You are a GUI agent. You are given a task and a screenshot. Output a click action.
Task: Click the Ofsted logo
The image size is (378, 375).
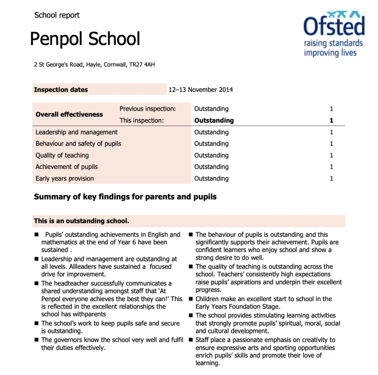(334, 34)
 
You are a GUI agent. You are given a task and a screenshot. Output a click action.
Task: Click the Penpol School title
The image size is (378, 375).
(85, 39)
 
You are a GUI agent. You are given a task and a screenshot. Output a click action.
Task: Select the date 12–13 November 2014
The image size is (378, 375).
(200, 90)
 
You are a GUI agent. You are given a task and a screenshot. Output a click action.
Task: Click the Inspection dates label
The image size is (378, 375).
(61, 90)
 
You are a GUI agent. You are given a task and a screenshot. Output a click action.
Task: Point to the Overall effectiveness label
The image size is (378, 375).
(69, 114)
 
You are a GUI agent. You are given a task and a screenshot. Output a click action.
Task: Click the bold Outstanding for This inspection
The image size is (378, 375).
(214, 120)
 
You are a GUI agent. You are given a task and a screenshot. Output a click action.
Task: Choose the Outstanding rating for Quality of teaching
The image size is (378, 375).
(211, 155)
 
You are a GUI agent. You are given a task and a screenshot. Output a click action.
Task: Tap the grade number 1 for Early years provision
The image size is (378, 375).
(331, 179)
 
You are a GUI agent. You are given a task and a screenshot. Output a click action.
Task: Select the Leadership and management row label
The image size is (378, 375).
(76, 132)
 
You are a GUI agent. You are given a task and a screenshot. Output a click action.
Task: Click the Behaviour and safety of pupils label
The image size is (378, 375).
(78, 144)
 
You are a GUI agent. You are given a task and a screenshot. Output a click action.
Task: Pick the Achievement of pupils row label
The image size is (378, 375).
(66, 167)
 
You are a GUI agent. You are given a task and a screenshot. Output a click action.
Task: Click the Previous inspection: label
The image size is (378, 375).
(148, 109)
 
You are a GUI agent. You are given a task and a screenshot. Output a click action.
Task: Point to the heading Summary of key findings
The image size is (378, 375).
(125, 197)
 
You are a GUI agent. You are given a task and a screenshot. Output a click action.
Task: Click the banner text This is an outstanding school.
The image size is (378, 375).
(82, 221)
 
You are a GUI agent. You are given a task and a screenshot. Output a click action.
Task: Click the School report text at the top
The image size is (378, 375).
(57, 15)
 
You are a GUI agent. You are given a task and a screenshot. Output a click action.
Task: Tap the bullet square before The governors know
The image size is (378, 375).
(37, 340)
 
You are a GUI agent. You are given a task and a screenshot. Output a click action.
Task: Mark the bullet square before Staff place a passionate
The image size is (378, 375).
(191, 340)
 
